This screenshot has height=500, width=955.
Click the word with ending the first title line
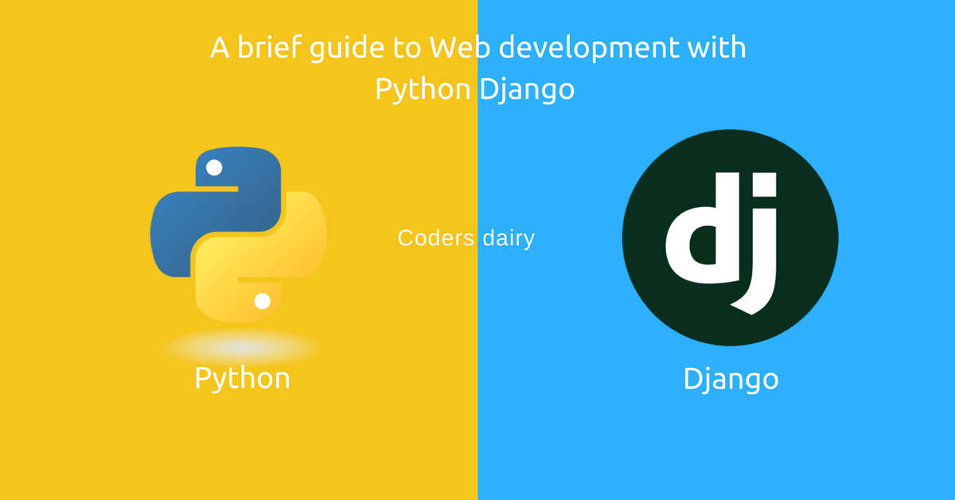[717, 48]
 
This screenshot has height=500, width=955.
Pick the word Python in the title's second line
[423, 90]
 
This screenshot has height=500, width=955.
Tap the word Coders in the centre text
[435, 237]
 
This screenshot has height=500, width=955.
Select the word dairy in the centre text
[508, 237]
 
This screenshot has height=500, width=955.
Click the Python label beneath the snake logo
[242, 378]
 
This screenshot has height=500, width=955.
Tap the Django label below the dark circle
[731, 379]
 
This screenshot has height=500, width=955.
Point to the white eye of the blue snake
[213, 168]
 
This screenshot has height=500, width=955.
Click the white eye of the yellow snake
[262, 301]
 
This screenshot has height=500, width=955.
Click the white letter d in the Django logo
[698, 230]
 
